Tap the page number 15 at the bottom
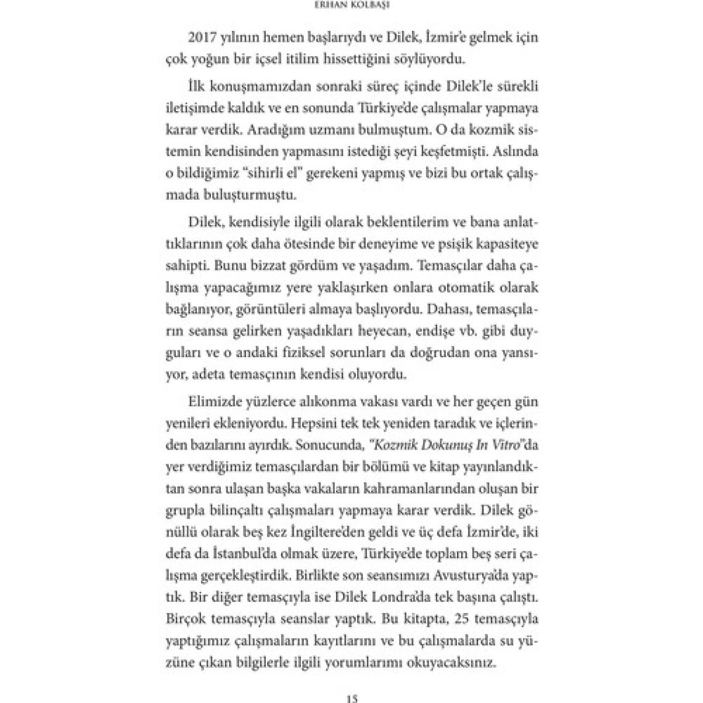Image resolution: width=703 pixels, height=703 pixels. [x=352, y=698]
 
